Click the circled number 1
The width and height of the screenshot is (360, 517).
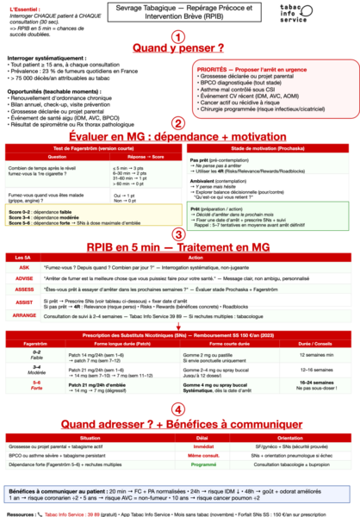(178, 37)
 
